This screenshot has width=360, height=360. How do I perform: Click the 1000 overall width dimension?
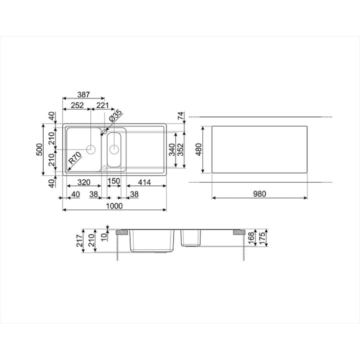point(114,206)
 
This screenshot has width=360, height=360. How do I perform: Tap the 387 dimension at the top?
point(83,94)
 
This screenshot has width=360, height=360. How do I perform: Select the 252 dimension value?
point(77,105)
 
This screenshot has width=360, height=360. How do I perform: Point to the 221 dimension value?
point(102,105)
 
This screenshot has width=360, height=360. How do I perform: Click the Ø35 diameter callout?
point(115,116)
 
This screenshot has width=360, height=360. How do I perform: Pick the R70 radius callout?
point(75,158)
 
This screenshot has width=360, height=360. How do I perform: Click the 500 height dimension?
point(39,149)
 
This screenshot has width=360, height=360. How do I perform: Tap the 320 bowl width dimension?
point(84,182)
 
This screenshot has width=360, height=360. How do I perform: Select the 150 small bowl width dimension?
point(114,181)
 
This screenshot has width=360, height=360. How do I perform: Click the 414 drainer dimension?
point(144,182)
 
